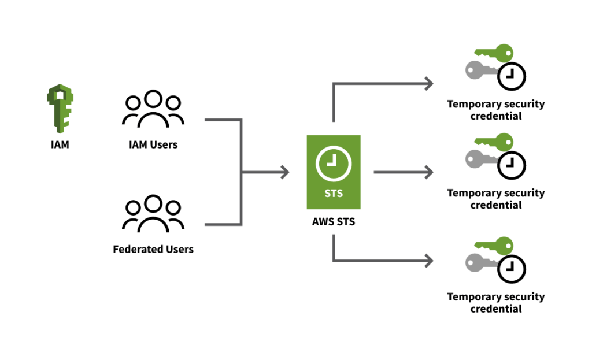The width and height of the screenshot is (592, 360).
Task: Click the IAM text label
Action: [x=60, y=144]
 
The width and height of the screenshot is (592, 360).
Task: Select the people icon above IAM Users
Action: [x=153, y=109]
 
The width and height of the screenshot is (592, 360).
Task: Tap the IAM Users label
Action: [x=153, y=144]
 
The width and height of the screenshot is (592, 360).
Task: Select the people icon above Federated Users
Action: [x=153, y=214]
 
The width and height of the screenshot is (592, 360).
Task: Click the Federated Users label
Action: [x=153, y=250]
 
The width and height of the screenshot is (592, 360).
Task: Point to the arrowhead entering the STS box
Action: [x=284, y=172]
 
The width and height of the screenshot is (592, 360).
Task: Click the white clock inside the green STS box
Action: [x=333, y=164]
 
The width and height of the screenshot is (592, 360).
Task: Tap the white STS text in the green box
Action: [x=334, y=194]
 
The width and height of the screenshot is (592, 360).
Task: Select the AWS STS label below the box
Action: [x=334, y=221]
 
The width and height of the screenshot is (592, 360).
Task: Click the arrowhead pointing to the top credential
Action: [x=428, y=83]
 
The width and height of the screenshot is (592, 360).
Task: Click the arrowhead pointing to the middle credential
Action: [x=428, y=172]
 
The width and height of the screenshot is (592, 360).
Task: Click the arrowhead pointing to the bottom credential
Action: [x=428, y=261]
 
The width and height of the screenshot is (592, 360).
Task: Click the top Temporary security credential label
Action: [x=495, y=110]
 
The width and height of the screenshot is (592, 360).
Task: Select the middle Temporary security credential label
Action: [x=495, y=199]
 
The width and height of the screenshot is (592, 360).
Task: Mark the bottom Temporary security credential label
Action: [x=495, y=302]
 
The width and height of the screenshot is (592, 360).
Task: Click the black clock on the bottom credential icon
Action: [x=512, y=269]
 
